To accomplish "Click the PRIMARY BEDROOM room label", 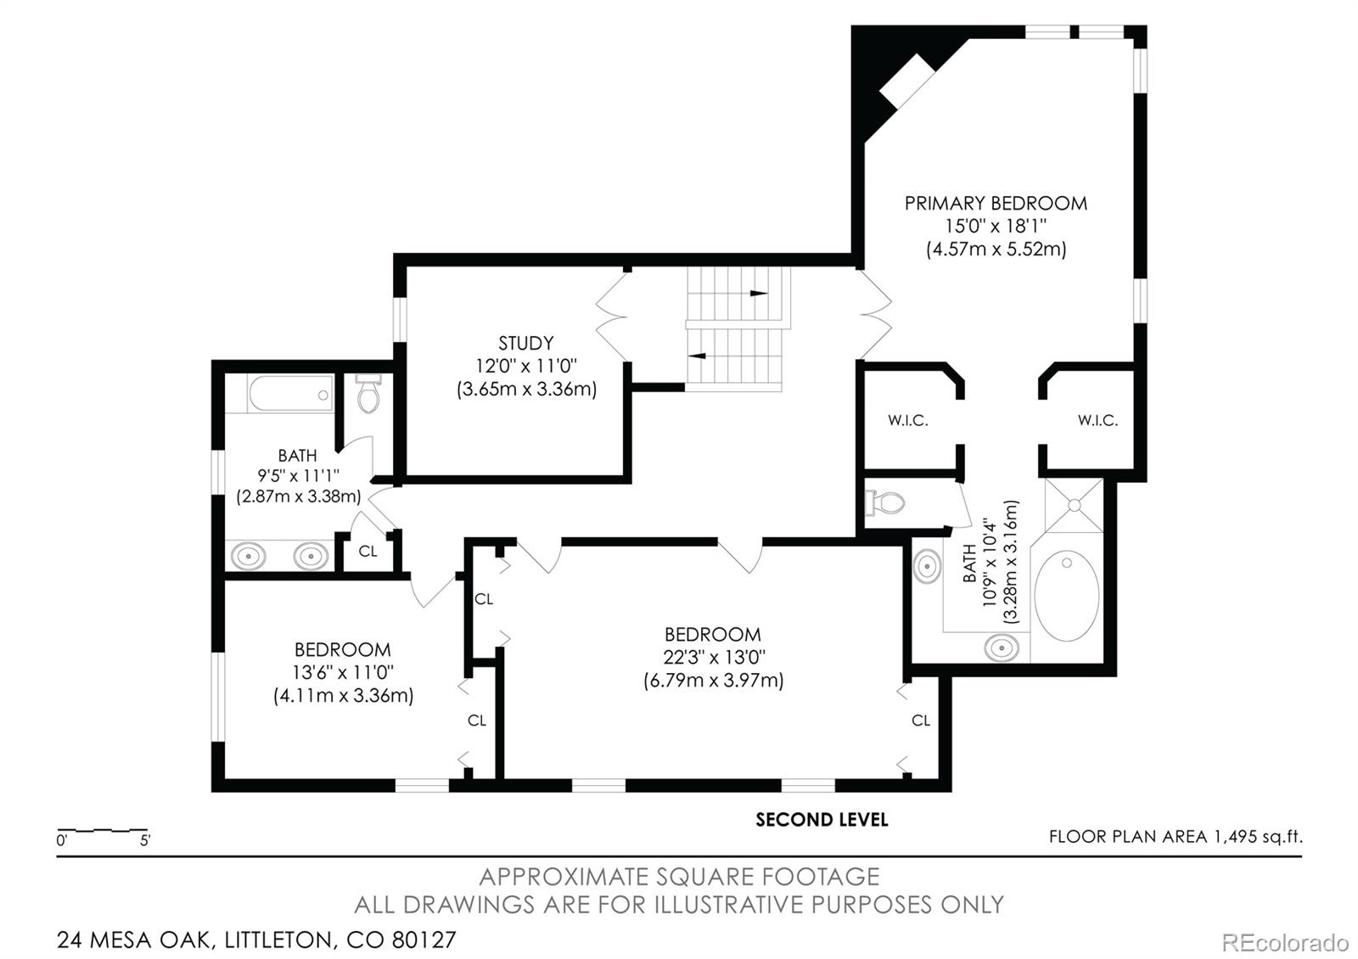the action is (996, 203).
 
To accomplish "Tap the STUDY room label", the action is (525, 343).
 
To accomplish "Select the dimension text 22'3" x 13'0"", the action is (714, 657).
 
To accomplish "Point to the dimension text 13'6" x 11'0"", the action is (343, 672).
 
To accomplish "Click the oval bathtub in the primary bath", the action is (1066, 595).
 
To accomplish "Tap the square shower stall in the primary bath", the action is (1074, 506).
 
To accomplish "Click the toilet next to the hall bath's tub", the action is (368, 394).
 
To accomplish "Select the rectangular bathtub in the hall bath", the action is (290, 394).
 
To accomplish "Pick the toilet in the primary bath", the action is (884, 502).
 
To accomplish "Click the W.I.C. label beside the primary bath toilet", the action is (907, 420).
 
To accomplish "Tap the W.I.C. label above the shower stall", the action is (1097, 420).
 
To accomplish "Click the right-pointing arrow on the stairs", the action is (759, 294).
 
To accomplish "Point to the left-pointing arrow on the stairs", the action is (697, 356).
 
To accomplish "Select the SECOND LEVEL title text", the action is (822, 820).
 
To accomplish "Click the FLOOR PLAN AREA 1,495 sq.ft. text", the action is (1176, 837).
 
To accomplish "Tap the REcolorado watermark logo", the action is (1285, 943).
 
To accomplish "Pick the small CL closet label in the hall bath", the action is (368, 551).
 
